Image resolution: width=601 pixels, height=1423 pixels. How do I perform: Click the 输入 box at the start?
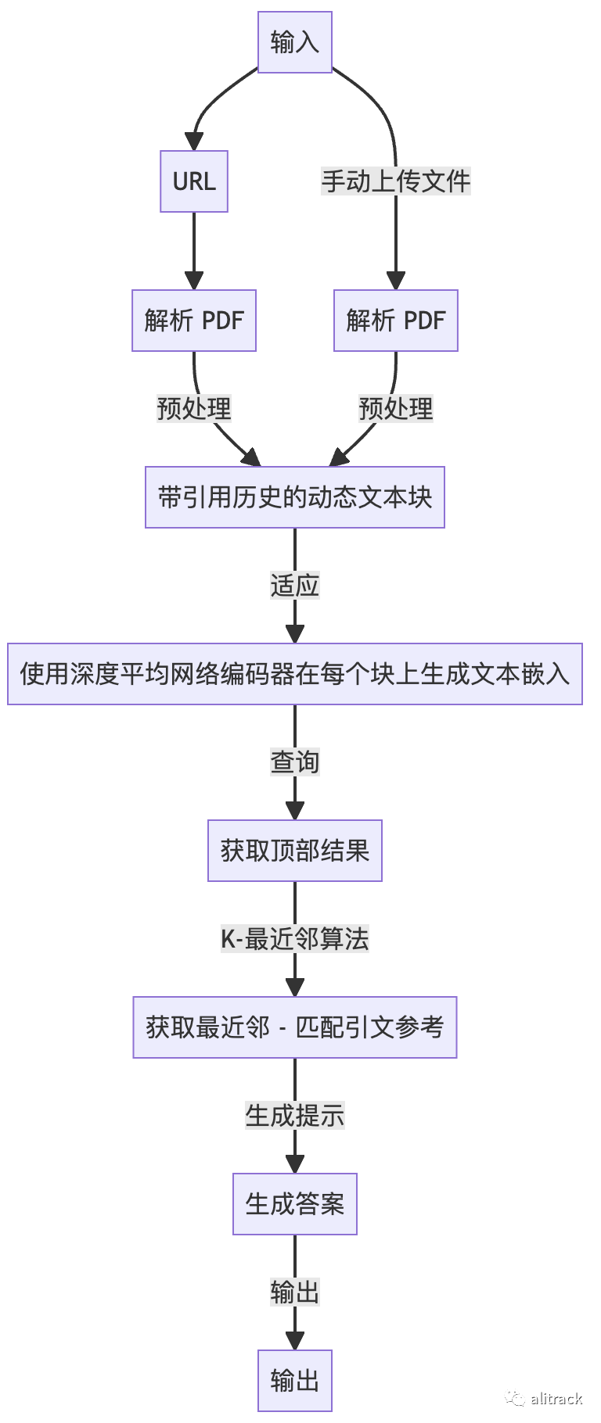coord(295,42)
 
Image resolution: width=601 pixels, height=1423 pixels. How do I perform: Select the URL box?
coord(194,181)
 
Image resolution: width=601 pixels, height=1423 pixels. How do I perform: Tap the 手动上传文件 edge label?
coord(396,181)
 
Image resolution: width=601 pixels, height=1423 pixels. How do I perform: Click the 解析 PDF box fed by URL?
coord(194,321)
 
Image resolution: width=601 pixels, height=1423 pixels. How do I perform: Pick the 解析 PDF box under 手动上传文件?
coord(396,321)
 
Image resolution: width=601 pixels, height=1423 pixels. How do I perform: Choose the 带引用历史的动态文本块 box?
coord(295,497)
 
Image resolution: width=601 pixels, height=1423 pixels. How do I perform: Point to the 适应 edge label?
coord(295,585)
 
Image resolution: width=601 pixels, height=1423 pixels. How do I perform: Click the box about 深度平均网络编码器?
coord(295,674)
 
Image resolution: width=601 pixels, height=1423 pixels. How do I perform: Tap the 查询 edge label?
coord(295,762)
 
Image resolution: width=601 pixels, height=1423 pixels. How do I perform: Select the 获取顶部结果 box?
coord(295,851)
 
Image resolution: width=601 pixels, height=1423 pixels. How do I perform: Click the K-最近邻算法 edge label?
coord(295,938)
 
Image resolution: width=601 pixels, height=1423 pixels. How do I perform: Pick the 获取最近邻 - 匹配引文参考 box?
coord(295,1027)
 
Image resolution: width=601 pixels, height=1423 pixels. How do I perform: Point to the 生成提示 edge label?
coord(295,1115)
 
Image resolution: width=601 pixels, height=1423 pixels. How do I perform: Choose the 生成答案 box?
coord(295,1204)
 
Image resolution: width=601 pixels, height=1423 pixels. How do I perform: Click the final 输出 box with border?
coord(295,1381)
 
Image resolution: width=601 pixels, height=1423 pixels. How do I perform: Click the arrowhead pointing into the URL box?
coord(194,142)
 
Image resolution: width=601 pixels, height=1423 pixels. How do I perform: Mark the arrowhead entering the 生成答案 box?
coord(295,1163)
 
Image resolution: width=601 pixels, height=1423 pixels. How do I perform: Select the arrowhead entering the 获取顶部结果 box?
coord(295,810)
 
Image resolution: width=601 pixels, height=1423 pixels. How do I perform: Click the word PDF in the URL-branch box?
coord(223,321)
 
